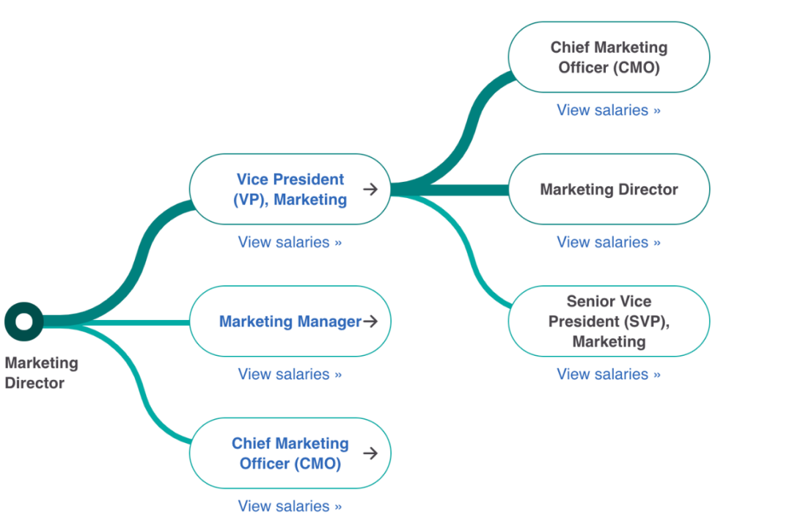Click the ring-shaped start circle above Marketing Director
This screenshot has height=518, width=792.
pos(24,321)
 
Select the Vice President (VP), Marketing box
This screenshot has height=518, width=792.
pos(290,189)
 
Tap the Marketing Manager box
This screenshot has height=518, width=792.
pos(290,321)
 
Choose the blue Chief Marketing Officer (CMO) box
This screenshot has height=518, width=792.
pos(290,453)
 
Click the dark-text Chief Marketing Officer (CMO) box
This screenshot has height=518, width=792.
pos(609,57)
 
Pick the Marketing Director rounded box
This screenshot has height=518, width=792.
pos(609,189)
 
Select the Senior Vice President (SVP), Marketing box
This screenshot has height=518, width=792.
pos(609,321)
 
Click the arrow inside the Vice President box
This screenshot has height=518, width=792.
pos(370,189)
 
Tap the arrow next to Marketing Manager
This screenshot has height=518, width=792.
pos(370,321)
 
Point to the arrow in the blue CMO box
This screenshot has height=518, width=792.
pos(370,453)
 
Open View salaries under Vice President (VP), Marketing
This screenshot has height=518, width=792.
pos(290,242)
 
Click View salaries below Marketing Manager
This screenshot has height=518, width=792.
pos(290,374)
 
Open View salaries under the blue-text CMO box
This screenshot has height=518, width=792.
pos(290,506)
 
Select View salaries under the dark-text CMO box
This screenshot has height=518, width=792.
pos(609,110)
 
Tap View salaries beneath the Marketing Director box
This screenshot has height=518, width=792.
pos(609,242)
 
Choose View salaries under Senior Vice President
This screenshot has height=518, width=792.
pos(609,374)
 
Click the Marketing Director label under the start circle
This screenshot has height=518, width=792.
pos(41,373)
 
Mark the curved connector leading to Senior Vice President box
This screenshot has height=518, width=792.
pos(469,249)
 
